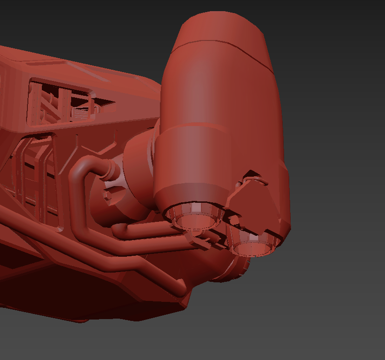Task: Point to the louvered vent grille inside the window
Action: [x=81, y=112]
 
